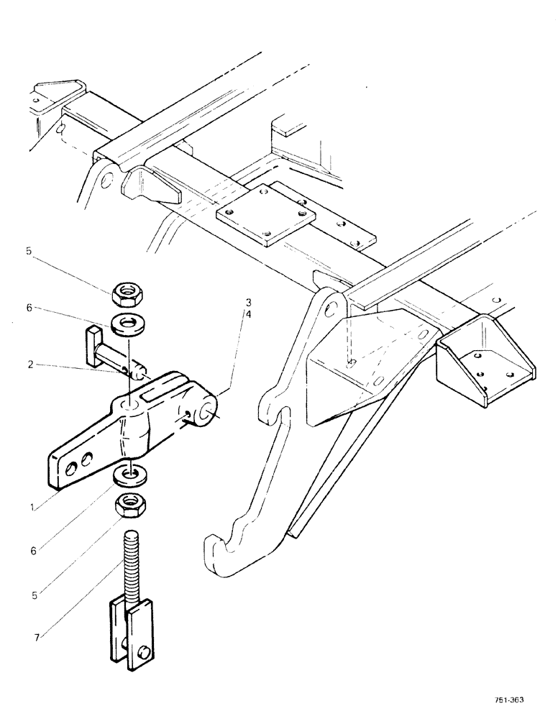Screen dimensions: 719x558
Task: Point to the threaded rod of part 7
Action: point(131,560)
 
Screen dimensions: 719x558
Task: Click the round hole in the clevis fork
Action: point(145,633)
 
